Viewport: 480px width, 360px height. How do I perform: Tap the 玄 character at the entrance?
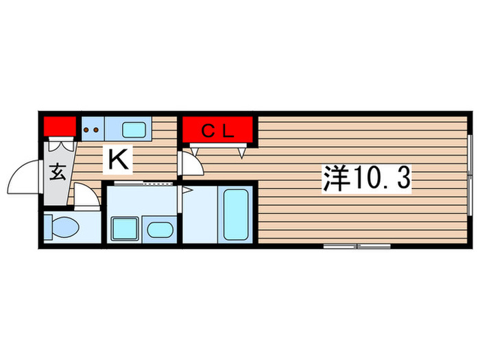point(58,172)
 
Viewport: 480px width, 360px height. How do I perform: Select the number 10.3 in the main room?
point(381,180)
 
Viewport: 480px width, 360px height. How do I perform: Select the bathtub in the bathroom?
point(236,215)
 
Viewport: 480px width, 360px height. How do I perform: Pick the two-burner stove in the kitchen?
point(92,128)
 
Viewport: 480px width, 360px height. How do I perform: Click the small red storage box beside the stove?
point(60,126)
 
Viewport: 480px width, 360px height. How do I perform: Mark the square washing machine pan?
point(124,227)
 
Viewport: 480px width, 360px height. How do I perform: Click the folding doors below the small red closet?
point(60,144)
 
